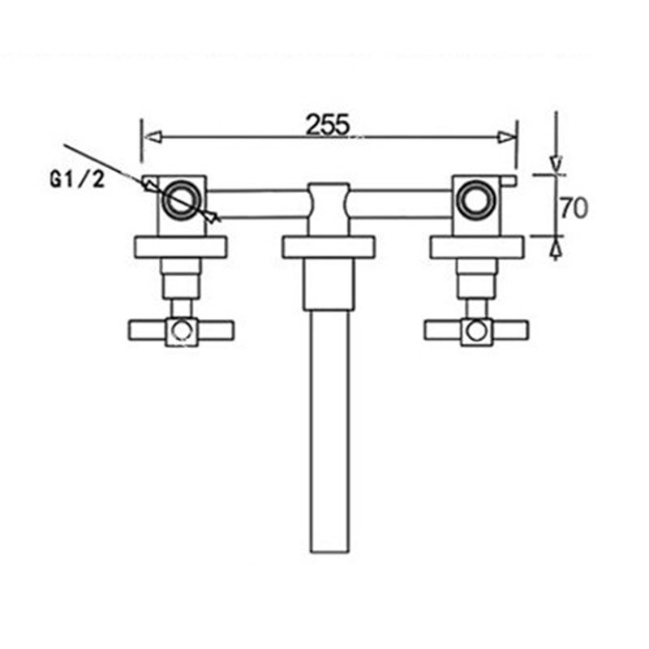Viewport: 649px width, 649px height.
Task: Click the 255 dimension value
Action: tap(328, 123)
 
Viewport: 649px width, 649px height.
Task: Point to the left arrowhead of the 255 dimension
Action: tap(151, 138)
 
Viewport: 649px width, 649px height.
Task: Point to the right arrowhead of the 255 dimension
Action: tap(508, 138)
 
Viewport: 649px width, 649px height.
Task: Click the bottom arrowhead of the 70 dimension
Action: tap(555, 247)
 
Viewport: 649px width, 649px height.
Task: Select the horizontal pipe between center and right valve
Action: tap(402, 204)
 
